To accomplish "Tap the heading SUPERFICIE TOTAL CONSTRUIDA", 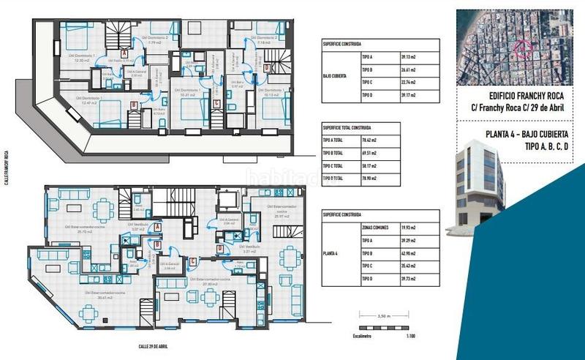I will pos(347,127).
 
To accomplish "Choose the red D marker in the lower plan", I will pos(219,249).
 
